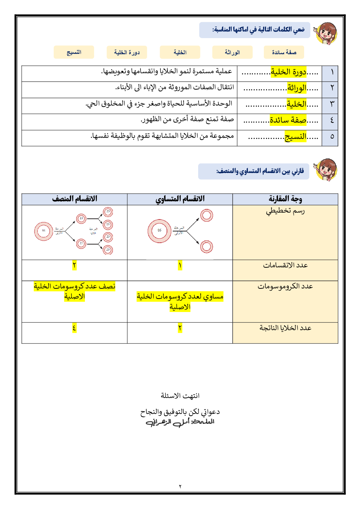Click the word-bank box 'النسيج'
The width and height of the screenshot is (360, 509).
[74, 52]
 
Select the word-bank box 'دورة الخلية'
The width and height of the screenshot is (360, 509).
[127, 52]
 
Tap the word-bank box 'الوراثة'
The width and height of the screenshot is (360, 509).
[232, 52]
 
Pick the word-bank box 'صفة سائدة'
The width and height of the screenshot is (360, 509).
[284, 52]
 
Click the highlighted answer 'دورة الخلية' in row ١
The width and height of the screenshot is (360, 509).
[289, 72]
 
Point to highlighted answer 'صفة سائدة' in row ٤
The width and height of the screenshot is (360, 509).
[288, 120]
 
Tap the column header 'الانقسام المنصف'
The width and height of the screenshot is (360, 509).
[74, 199]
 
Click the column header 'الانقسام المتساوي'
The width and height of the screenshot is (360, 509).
[180, 199]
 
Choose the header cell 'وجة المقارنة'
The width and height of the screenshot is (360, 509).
[285, 199]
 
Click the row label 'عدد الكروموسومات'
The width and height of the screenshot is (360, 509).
[285, 286]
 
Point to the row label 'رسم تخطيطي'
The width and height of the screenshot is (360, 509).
[285, 211]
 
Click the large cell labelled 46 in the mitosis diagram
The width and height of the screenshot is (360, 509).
[159, 231]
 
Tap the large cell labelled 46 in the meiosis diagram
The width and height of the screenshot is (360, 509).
[44, 231]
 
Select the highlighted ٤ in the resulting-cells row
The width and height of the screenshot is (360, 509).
[74, 328]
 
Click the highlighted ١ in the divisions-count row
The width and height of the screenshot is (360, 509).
[180, 266]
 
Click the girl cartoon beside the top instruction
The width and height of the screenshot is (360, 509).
[326, 33]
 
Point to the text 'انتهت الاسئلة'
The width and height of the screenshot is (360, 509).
[180, 395]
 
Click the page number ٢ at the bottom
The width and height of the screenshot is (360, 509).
[180, 487]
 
